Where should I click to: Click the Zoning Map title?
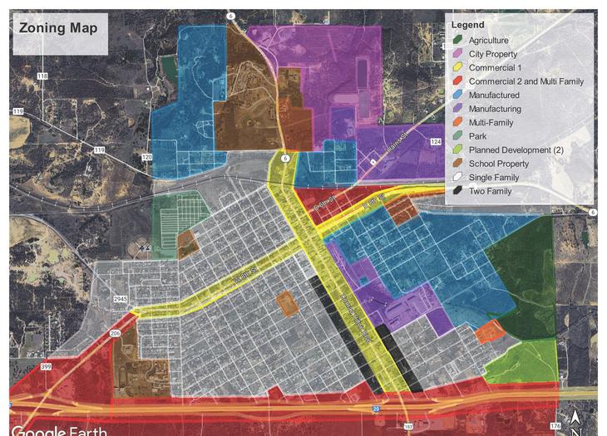point(58,28)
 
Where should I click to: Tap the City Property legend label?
point(492,54)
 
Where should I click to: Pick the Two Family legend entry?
point(489,191)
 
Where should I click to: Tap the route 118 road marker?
point(42,76)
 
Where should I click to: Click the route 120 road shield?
point(147,157)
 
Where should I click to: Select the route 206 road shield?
point(115,334)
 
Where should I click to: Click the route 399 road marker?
point(45,366)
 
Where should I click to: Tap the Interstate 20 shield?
point(376,409)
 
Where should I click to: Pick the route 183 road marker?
point(407,427)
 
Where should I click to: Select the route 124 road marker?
point(436,142)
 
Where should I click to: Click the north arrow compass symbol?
point(575,419)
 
